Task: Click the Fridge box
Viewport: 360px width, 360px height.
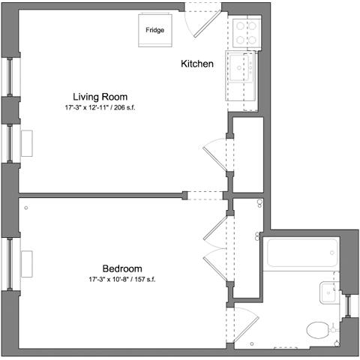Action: (156, 31)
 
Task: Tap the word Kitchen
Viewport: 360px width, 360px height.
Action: (198, 64)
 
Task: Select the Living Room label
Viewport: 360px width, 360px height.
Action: (100, 97)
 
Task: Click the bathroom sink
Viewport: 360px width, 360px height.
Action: (327, 293)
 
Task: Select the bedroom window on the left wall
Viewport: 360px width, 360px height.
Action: (10, 263)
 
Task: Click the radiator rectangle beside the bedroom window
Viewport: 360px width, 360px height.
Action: (28, 263)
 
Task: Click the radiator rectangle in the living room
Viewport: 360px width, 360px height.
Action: (28, 142)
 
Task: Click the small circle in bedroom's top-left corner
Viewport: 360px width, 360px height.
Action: (25, 206)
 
